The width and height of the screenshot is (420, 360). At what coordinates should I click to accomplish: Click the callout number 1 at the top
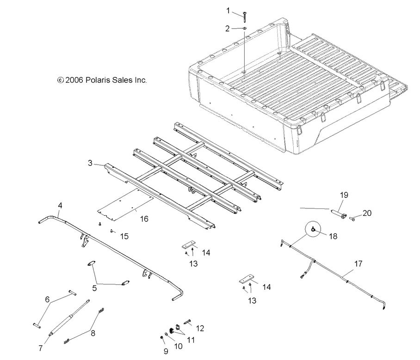tap(228, 10)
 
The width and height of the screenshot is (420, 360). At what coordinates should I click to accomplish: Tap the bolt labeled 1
tap(243, 15)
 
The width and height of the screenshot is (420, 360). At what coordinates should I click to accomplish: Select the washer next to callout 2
tap(244, 29)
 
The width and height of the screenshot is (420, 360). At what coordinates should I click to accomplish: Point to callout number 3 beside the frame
tap(91, 163)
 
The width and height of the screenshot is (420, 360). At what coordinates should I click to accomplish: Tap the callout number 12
tap(200, 328)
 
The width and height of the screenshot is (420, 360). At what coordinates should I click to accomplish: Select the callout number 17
tap(358, 264)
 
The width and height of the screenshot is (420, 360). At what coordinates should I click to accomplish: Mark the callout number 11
tap(190, 340)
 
